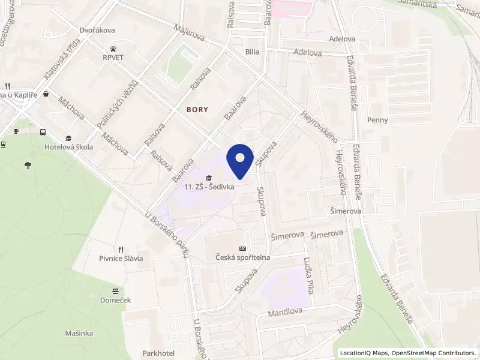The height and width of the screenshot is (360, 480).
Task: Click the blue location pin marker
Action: click(240, 160)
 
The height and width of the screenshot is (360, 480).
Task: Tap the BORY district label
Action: click(199, 110)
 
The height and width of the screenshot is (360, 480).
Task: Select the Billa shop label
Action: click(252, 52)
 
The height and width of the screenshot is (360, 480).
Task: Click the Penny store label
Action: click(378, 120)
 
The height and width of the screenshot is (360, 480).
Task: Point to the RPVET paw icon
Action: click(113, 48)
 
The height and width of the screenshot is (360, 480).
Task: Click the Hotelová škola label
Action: click(68, 147)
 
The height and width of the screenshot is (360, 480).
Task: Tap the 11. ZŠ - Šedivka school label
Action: click(209, 187)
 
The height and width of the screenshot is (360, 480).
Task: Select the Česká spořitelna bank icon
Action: click(242, 248)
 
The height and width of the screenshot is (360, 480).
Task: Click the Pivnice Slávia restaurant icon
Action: click(121, 249)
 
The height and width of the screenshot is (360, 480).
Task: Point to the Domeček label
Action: click(116, 300)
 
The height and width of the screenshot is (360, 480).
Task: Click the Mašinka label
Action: click(79, 332)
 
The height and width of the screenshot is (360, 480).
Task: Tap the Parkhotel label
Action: click(158, 353)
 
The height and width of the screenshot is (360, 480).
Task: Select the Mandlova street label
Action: click(284, 313)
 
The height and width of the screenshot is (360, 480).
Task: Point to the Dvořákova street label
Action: click(97, 30)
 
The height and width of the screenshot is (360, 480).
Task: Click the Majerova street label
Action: click(189, 32)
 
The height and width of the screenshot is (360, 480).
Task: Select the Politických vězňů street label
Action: click(118, 104)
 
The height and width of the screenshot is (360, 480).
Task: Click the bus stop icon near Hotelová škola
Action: click(43, 132)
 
